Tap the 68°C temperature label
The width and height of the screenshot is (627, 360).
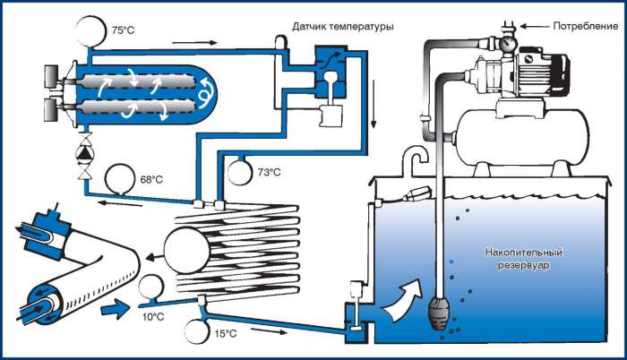click(x=151, y=178)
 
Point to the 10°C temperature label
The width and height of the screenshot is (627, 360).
click(x=153, y=316)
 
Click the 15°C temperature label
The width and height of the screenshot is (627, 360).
click(x=226, y=334)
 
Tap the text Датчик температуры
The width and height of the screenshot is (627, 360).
click(x=342, y=27)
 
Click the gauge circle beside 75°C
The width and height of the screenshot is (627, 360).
click(x=91, y=30)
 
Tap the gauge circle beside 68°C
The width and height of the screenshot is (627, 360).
click(x=117, y=177)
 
